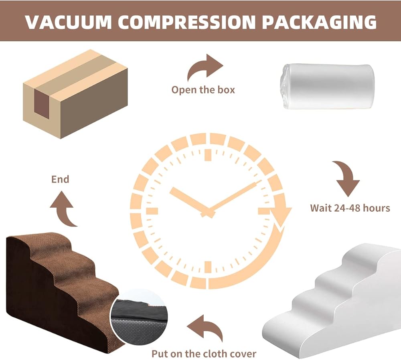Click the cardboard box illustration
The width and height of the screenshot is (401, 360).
click(75, 93)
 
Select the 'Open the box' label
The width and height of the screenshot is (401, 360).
click(203, 89)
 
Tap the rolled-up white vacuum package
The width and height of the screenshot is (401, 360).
click(326, 87)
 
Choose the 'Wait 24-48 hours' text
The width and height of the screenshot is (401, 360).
click(350, 208)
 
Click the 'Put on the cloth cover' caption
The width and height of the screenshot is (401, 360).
click(204, 354)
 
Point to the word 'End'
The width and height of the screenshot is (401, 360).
click(60, 179)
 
